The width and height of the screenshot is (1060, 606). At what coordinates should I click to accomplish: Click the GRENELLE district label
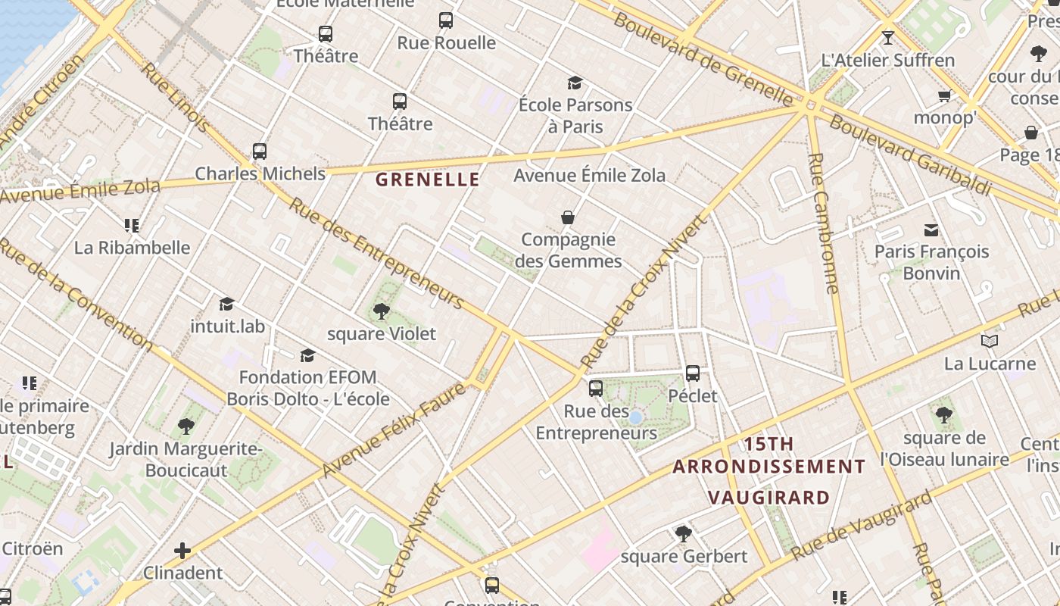tap(427, 180)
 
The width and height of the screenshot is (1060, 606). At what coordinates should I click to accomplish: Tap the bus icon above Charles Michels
tap(260, 151)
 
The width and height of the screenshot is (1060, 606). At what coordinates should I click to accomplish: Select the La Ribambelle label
tap(132, 248)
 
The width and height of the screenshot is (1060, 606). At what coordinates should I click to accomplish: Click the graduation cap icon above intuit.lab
tap(226, 305)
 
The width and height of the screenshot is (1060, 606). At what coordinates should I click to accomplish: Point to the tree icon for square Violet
tap(382, 311)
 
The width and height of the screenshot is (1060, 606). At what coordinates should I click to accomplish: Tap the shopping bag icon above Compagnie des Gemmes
tap(568, 217)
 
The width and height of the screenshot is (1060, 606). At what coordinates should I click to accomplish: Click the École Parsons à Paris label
tap(575, 115)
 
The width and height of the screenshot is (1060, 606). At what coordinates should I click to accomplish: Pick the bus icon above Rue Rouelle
tap(446, 20)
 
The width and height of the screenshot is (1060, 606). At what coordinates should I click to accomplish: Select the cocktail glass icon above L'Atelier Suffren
tap(888, 37)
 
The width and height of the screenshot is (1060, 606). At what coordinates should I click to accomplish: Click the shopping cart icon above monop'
tap(944, 95)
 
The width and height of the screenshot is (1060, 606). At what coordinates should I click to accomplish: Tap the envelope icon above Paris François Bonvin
tap(931, 230)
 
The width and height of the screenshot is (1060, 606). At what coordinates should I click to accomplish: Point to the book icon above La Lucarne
tap(989, 342)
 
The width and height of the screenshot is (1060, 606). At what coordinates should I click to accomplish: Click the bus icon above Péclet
tap(693, 373)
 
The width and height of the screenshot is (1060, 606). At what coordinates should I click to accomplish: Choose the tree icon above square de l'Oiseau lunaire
tap(943, 414)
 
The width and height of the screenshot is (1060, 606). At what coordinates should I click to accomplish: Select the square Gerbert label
tap(684, 557)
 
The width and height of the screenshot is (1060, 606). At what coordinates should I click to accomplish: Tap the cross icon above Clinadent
tap(182, 550)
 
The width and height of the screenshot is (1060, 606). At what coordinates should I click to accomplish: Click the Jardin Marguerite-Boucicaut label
tap(185, 460)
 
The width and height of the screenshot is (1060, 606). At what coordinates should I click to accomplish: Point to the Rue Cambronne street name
tap(825, 223)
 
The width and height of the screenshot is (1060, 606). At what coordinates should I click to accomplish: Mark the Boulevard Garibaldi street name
tap(910, 155)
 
